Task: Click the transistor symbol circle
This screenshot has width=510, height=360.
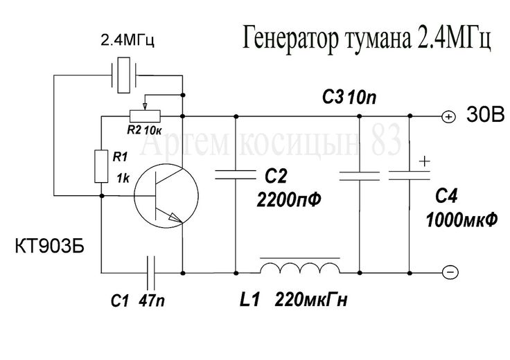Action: tap(134, 196)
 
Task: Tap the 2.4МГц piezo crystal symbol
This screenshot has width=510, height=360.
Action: tap(123, 75)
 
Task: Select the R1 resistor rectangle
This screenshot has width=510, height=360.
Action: tap(101, 166)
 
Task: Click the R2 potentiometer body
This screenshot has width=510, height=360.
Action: tap(145, 116)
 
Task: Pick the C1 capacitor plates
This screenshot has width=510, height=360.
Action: tap(150, 273)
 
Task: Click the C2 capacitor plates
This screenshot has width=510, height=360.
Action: tap(236, 174)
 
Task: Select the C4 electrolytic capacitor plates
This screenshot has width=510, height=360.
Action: tap(410, 175)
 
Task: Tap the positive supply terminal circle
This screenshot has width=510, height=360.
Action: tap(449, 116)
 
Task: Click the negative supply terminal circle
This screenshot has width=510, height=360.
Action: tap(451, 272)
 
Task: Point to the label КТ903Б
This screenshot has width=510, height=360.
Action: tap(49, 246)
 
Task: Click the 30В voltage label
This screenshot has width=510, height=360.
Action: tap(486, 114)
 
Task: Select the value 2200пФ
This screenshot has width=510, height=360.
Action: tap(289, 199)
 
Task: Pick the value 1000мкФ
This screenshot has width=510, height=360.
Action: tap(461, 220)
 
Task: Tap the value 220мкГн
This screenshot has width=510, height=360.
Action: tap(311, 300)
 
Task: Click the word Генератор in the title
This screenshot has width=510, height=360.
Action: tap(290, 39)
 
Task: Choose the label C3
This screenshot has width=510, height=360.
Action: tap(333, 97)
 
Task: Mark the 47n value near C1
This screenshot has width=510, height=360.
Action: tap(152, 300)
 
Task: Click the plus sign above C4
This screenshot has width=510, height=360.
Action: tap(424, 161)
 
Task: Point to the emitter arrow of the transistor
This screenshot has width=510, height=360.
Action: tap(175, 217)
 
